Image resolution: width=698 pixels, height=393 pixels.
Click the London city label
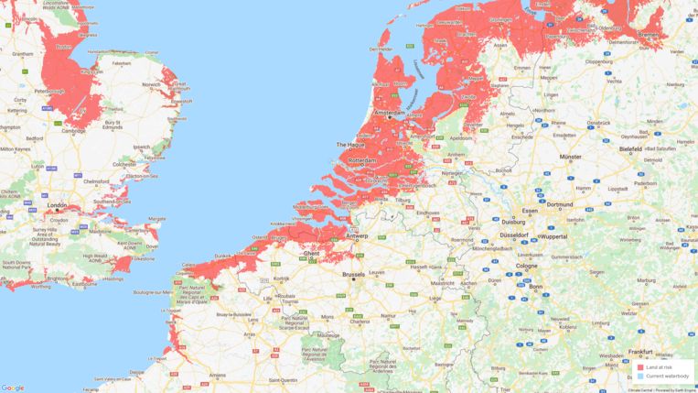pos(57,206)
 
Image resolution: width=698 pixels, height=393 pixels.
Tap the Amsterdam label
pos(395,113)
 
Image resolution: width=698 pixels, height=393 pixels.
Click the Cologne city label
pos(526,266)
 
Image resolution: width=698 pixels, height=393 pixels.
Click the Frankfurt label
pos(639,351)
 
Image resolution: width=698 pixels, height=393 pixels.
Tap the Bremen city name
pos(648,34)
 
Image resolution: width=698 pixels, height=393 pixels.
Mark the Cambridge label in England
pos(75,131)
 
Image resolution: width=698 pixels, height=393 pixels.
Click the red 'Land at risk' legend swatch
pos(640,367)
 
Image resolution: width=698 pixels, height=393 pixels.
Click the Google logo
pos(13,388)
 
